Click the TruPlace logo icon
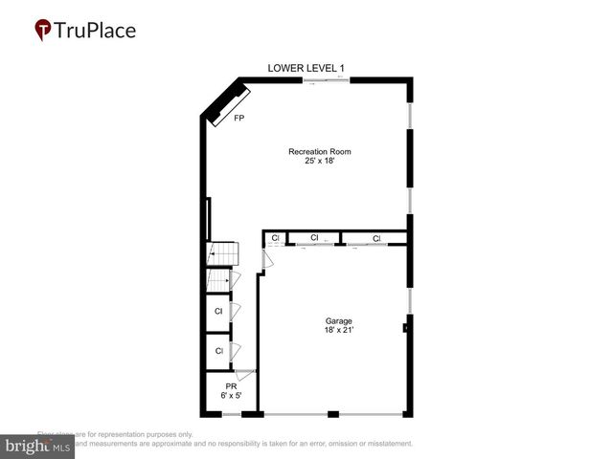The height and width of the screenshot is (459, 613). (x=44, y=31)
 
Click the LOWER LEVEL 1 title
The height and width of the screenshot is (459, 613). (x=306, y=68)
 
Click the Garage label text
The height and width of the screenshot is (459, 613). (x=338, y=321)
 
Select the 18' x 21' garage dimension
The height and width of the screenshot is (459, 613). (x=338, y=331)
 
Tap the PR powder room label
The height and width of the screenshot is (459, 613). (x=231, y=385)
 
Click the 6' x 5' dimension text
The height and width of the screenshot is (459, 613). (x=231, y=395)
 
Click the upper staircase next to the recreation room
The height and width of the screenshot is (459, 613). (x=222, y=253)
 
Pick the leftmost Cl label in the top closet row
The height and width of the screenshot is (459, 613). (x=275, y=238)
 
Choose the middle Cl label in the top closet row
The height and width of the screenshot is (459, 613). (x=314, y=238)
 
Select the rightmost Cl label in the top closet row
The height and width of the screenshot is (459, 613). (x=376, y=238)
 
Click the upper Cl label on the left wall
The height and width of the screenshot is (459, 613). (x=218, y=312)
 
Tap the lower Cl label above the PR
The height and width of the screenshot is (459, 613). (x=218, y=351)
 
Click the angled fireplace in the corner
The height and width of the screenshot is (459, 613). (x=227, y=104)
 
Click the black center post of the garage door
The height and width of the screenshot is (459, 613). (x=332, y=414)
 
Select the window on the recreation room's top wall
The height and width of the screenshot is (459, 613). (x=327, y=80)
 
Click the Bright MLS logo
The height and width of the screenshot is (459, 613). (x=38, y=446)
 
